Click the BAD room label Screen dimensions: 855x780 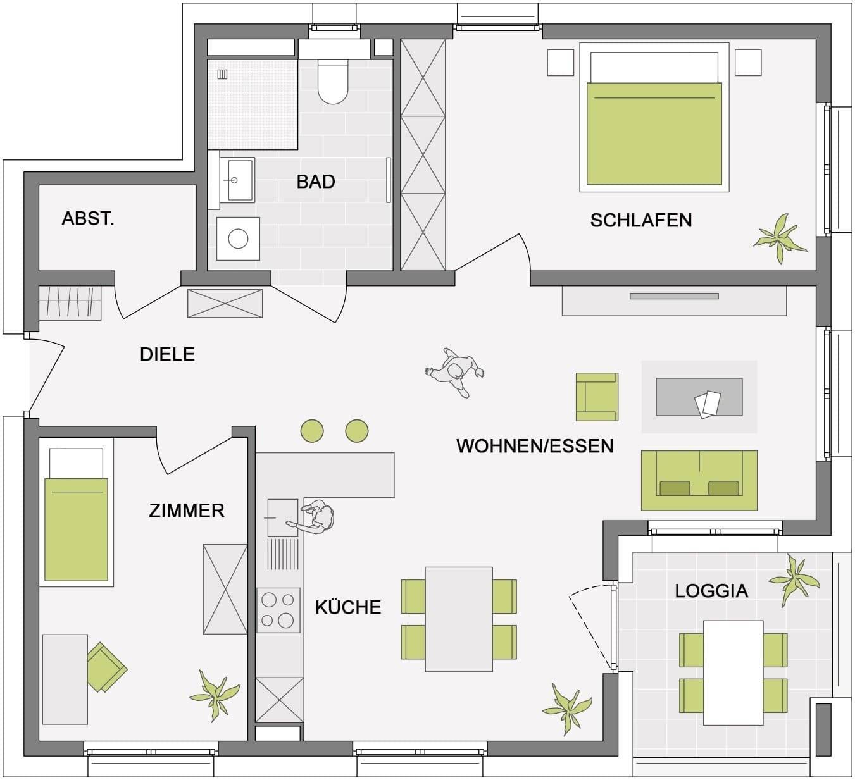pos(315,182)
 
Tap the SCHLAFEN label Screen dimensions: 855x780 pos(640,220)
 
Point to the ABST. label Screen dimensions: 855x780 pos(88,219)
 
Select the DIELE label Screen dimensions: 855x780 pos(167,355)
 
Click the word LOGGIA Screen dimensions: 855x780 pos(711,591)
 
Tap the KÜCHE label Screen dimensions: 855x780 pos(348,607)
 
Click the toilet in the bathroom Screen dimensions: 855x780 pos(333,82)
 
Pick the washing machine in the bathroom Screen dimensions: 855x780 pos(238,238)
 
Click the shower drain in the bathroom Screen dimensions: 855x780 pos(222,75)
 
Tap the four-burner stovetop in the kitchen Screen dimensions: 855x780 pos(278,610)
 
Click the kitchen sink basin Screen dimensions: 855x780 pos(283,518)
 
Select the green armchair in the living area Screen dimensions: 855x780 pos(597,397)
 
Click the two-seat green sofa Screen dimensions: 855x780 pos(699,480)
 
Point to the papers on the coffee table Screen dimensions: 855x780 pos(707,404)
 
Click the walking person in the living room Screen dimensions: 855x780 pos(455,372)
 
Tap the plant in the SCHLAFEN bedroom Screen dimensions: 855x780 pos(780,238)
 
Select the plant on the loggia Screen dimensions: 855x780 pos(794,580)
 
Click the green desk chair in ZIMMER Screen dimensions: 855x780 pos(106,667)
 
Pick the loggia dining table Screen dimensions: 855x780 pos(733,672)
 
